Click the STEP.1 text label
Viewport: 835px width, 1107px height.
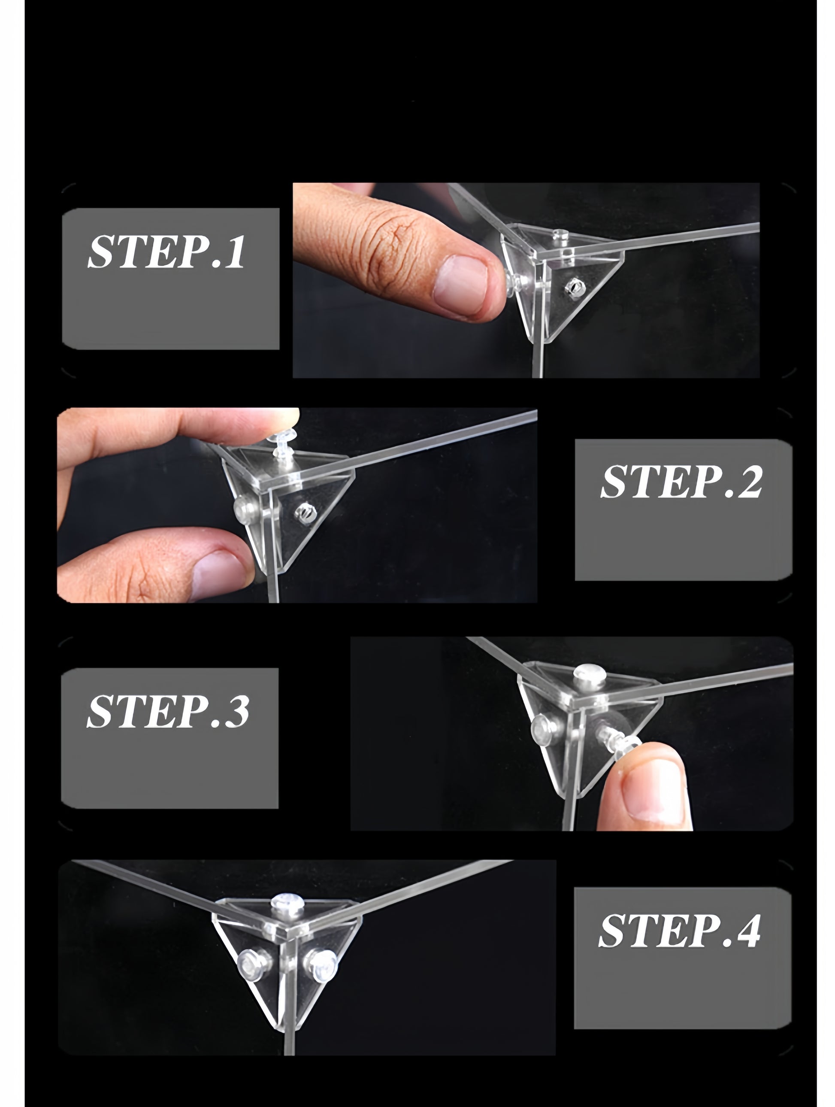point(166,251)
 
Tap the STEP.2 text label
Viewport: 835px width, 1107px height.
point(681,482)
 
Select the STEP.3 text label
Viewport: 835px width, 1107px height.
point(168,711)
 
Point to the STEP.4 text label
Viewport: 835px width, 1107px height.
point(679,930)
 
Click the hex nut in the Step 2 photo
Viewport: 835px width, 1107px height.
point(303,512)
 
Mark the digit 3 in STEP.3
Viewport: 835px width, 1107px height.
point(237,712)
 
